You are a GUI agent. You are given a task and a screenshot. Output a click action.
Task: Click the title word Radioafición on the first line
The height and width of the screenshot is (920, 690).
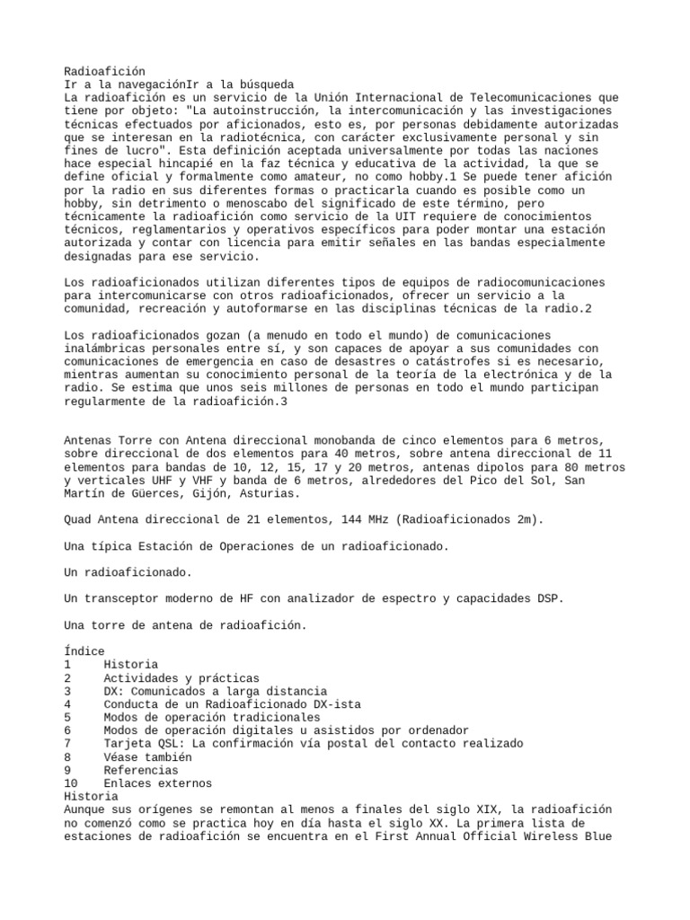click(104, 71)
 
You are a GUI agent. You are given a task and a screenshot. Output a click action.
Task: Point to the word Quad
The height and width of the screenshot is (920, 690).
click(79, 519)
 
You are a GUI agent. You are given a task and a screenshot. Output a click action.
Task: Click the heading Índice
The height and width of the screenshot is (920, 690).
click(84, 650)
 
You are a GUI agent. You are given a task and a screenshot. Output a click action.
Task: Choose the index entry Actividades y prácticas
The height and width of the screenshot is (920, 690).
click(181, 677)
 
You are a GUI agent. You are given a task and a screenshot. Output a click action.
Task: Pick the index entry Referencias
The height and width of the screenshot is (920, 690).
click(142, 770)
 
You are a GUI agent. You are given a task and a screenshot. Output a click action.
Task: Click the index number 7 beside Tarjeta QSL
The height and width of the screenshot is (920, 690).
click(68, 744)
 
